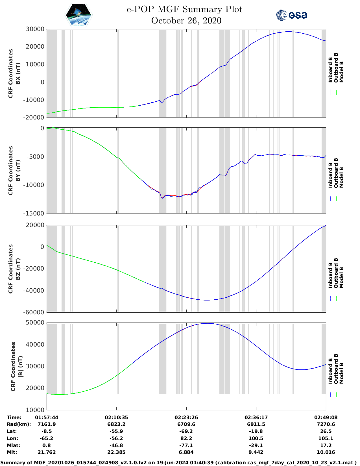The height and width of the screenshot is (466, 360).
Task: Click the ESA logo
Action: click(291, 15)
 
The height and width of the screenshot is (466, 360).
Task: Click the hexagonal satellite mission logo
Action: click(79, 15)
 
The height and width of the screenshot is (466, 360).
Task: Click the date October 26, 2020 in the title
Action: click(186, 21)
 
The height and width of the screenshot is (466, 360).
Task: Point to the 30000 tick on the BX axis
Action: click(35, 29)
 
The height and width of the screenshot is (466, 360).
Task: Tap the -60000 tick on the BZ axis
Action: click(35, 312)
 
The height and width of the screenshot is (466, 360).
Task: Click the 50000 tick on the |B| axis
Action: click(35, 323)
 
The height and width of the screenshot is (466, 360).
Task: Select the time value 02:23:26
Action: click(186, 417)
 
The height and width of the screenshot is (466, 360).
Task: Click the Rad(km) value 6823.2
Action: click(116, 424)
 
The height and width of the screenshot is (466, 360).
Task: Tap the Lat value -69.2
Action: click(186, 431)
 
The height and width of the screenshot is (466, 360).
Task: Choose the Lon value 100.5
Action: click(256, 438)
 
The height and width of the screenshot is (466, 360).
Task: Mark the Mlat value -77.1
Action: click(186, 445)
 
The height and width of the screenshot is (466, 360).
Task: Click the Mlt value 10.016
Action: click(326, 452)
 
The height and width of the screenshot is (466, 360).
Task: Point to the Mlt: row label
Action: click(12, 452)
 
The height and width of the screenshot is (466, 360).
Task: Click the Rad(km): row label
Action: click(19, 424)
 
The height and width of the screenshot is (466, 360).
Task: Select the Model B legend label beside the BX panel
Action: click(341, 72)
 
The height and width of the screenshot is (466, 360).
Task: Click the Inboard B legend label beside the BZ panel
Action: click(330, 275)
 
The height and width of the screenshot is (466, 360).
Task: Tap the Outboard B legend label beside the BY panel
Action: click(336, 173)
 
